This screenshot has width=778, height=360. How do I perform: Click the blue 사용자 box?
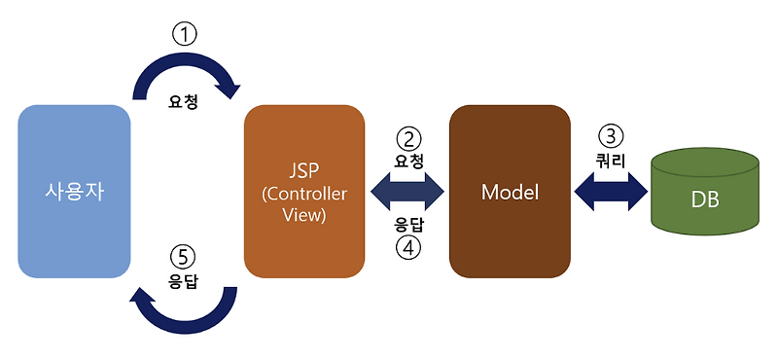click(75, 192)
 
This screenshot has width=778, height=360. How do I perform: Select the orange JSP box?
click(304, 192)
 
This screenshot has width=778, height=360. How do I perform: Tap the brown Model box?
click(510, 192)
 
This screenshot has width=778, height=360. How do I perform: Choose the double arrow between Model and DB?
click(611, 191)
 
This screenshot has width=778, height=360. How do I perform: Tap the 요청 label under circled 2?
click(408, 159)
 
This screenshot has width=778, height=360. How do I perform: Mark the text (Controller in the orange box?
click(304, 193)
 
